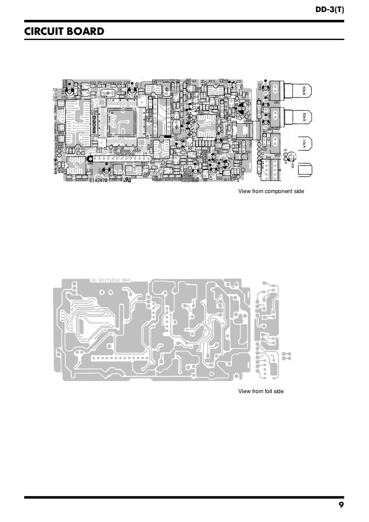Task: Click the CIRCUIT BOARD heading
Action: [x=64, y=32]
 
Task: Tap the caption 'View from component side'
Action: [x=271, y=191]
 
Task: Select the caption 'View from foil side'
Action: [x=261, y=391]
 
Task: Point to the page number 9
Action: [x=341, y=505]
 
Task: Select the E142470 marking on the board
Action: [x=99, y=180]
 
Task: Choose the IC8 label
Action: [x=134, y=177]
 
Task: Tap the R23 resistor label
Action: [x=69, y=180]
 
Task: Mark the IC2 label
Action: [x=201, y=138]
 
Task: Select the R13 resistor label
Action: [x=212, y=81]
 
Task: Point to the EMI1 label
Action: [x=250, y=144]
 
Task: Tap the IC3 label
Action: [x=160, y=97]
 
